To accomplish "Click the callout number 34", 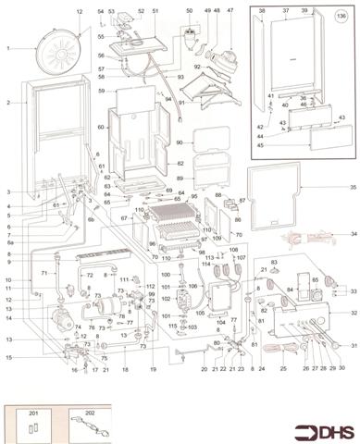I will coord(353,234).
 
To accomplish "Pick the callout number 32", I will coord(353,314).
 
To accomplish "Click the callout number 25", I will coord(282,368).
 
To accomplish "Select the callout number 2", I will coord(7,103).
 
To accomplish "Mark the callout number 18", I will coord(125,368).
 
